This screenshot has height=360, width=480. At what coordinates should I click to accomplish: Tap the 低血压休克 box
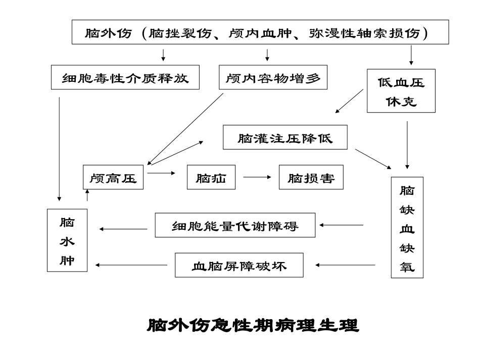point(401,90)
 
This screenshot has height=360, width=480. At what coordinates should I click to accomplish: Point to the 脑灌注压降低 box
point(285,137)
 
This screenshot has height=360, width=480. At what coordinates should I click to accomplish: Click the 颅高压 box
point(113,177)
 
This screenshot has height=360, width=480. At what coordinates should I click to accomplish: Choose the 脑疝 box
point(211,177)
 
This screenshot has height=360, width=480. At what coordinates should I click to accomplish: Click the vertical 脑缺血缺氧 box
point(407,227)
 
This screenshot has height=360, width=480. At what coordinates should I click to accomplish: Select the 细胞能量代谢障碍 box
point(235,225)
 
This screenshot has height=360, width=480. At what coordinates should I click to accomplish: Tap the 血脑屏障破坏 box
point(239,265)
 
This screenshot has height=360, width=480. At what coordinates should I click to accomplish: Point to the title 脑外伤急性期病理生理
point(253,325)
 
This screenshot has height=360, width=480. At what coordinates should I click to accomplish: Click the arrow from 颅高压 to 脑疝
point(161,173)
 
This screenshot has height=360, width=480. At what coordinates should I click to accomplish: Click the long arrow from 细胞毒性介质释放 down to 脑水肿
point(60,149)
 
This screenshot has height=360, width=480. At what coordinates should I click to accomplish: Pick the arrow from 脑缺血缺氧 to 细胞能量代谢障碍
point(342,225)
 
